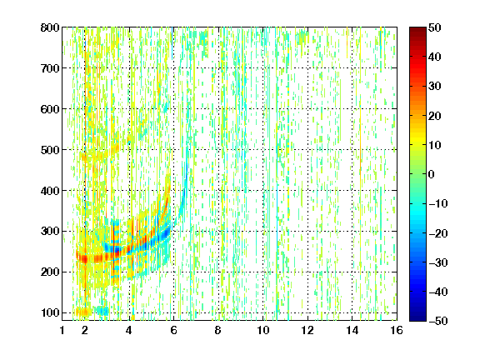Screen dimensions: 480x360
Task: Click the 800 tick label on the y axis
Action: click(50, 27)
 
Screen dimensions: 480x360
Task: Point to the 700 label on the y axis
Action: click(50, 68)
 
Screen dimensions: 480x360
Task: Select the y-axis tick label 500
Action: click(50, 150)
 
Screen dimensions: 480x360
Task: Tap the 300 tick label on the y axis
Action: click(50, 232)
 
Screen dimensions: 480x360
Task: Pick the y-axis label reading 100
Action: click(50, 312)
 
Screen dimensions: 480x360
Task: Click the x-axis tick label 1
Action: click(62, 330)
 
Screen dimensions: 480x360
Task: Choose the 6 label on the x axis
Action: click(174, 330)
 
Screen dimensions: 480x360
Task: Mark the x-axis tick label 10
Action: click(263, 330)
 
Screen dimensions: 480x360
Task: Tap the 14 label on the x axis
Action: click(352, 330)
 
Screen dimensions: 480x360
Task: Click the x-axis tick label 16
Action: click(397, 330)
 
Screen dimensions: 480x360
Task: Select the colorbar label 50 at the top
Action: click(435, 27)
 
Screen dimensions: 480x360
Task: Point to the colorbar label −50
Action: click(438, 321)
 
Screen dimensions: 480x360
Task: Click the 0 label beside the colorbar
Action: click(432, 174)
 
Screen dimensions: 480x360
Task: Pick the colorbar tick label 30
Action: click(435, 87)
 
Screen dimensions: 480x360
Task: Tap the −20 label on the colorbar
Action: click(438, 233)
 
